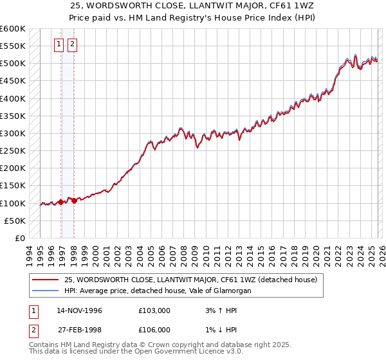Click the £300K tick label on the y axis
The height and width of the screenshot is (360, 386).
13,134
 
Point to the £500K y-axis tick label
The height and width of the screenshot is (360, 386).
13,64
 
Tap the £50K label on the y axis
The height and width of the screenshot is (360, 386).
15,221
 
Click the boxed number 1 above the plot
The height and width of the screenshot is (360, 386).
59,44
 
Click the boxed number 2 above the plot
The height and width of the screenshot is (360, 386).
71,44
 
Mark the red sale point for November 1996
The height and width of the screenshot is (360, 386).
60,202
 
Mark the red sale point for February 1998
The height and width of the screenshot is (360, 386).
74,201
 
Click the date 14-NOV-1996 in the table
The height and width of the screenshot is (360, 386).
79,310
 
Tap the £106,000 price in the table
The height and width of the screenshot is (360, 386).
154,330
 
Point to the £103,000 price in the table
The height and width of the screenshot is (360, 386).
154,310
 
